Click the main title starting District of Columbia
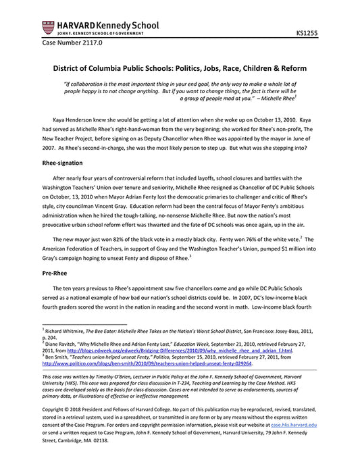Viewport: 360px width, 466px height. pos(179,68)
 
